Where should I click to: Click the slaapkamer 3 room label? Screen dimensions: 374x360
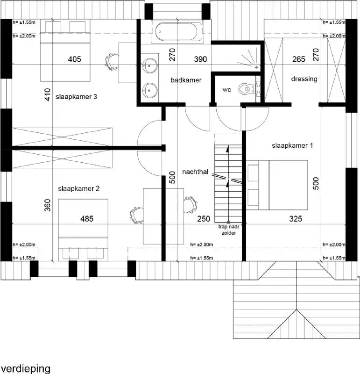click(x=76, y=97)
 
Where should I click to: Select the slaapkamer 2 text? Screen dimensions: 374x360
click(x=78, y=189)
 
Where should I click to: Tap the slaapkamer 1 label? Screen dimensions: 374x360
click(x=292, y=146)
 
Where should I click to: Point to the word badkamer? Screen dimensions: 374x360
click(x=186, y=80)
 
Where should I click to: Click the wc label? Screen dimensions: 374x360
click(x=226, y=89)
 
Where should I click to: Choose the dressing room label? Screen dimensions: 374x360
click(x=304, y=79)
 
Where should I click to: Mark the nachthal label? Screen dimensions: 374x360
click(x=195, y=171)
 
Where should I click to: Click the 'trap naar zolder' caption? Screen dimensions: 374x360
click(x=228, y=229)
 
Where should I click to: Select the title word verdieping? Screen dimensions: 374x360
click(x=25, y=368)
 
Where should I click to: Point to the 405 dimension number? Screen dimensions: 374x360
click(x=75, y=59)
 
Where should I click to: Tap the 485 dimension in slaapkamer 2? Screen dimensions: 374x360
click(x=87, y=218)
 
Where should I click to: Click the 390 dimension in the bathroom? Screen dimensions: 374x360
click(x=201, y=59)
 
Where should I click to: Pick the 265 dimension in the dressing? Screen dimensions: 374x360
click(x=298, y=59)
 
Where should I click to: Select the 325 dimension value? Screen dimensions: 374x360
click(x=295, y=218)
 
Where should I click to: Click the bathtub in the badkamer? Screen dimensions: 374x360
click(x=178, y=32)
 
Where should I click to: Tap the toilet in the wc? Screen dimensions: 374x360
click(x=245, y=88)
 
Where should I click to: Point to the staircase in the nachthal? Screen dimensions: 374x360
click(x=228, y=178)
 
